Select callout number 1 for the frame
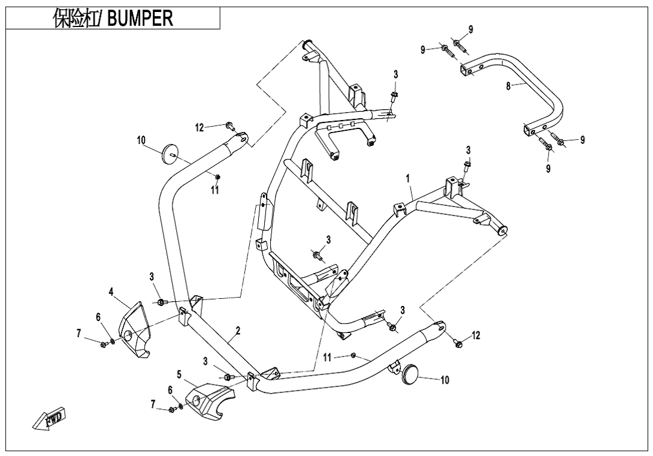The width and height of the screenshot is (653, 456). coord(407,178)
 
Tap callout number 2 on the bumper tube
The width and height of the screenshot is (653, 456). coord(238,331)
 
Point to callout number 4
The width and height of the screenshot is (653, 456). coord(111,292)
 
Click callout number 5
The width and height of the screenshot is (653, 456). coord(179,374)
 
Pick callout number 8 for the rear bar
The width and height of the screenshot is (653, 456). coord(508,86)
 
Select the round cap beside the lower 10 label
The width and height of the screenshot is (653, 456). coord(409,372)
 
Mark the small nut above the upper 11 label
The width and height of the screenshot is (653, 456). coord(217,176)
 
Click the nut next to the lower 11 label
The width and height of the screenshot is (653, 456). coord(353,356)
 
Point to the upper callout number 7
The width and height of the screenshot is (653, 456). coord(78,334)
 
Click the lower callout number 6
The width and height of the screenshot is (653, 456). coord(171,390)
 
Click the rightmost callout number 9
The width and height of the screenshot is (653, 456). coord(582,140)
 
